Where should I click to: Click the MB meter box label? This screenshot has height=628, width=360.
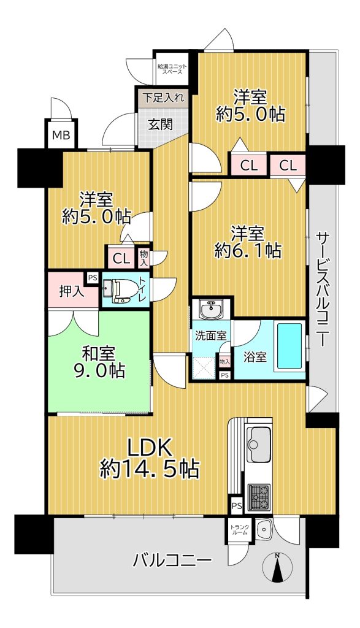61,135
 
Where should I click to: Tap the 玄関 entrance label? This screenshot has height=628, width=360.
161,124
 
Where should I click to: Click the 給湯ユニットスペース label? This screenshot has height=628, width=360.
172,69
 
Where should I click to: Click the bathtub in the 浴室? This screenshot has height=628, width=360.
289,345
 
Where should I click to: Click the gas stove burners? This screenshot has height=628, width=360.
259,496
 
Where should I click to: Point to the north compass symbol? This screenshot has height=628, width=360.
277,567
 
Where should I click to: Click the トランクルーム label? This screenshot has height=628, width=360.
239,530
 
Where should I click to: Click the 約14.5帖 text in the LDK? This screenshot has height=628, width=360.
150,468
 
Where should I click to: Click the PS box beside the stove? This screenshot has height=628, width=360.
236,506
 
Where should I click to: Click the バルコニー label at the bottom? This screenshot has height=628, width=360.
172,561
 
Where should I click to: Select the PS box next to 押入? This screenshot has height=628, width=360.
93,278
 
